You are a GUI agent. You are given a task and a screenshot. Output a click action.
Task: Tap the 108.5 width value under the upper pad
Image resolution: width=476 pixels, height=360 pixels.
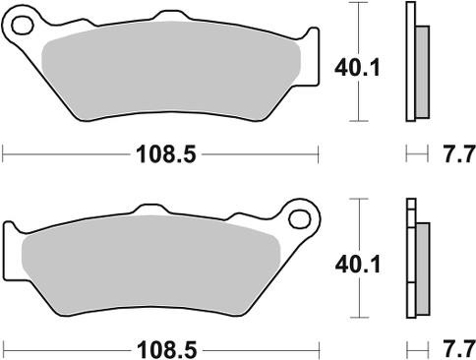coord(161,153)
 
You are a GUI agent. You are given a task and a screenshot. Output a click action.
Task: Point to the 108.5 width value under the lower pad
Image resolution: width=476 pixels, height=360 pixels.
coord(161,348)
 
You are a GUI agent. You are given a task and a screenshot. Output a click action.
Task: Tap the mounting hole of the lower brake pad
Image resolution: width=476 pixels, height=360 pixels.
coord(297,215)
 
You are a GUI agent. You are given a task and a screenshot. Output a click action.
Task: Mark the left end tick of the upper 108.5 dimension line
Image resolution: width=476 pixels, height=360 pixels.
coord(4,153)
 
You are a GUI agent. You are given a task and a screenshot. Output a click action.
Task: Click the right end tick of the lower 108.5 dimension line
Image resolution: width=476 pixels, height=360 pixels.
coord(322,348)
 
